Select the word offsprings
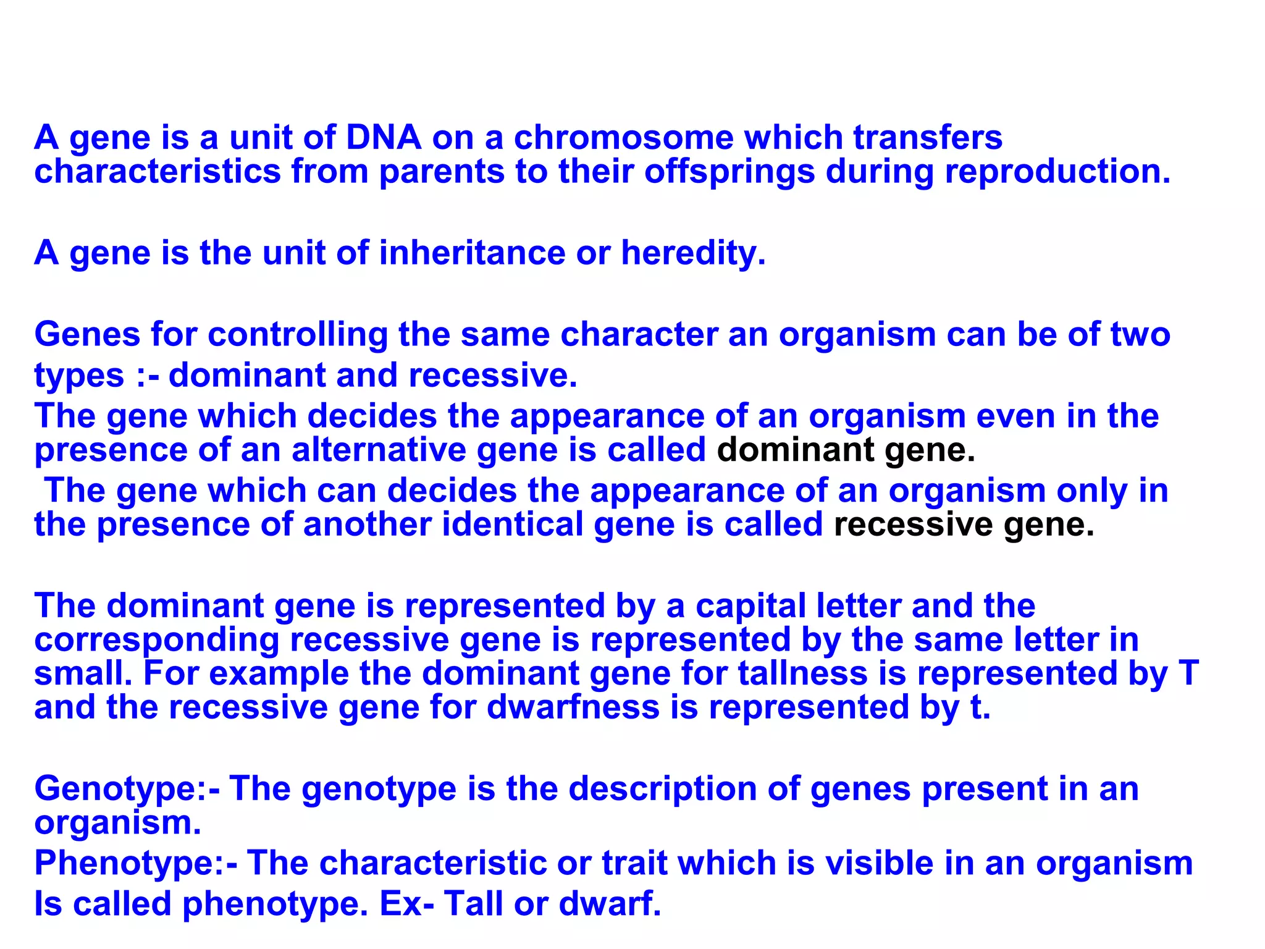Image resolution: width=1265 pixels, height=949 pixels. click(729, 172)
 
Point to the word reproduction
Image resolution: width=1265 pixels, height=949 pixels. click(1057, 172)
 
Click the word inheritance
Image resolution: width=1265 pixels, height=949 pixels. click(472, 253)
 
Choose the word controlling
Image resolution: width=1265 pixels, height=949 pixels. click(298, 335)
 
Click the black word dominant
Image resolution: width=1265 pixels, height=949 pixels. click(795, 450)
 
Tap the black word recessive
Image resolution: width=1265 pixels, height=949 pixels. click(913, 525)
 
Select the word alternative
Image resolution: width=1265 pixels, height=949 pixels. click(379, 450)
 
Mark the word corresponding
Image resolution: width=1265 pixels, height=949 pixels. click(157, 640)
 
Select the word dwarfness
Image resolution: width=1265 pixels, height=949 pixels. click(573, 707)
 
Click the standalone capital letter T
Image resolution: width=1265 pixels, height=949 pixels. click(1188, 673)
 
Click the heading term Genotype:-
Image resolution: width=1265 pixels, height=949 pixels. click(127, 789)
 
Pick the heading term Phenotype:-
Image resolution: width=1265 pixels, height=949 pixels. click(136, 863)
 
